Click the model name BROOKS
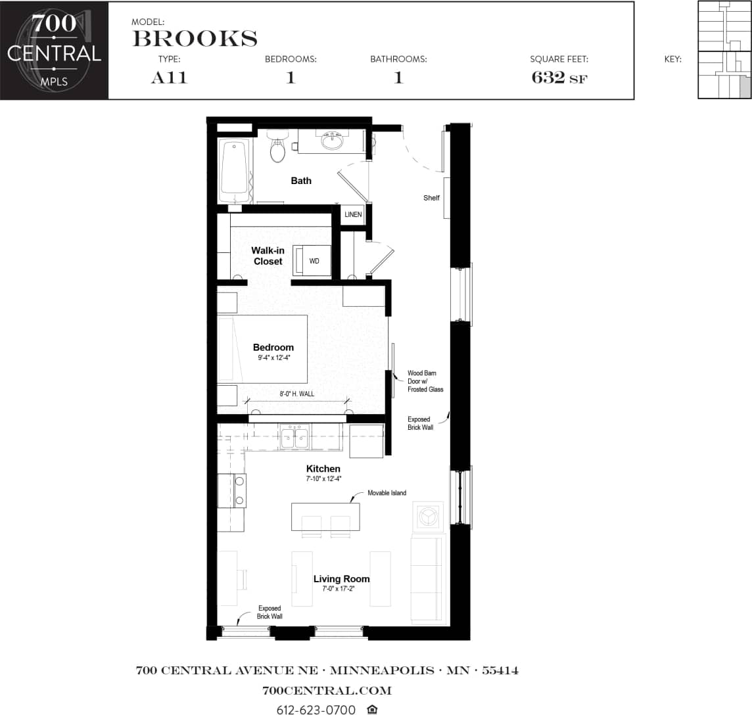195,39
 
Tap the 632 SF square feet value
559,78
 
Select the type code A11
169,78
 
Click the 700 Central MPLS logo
54,51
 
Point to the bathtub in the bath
234,170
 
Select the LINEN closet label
353,214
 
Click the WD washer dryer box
313,261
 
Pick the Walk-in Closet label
268,256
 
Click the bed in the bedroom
263,349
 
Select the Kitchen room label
323,469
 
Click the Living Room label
341,579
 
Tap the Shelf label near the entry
431,198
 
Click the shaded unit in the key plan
744,86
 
